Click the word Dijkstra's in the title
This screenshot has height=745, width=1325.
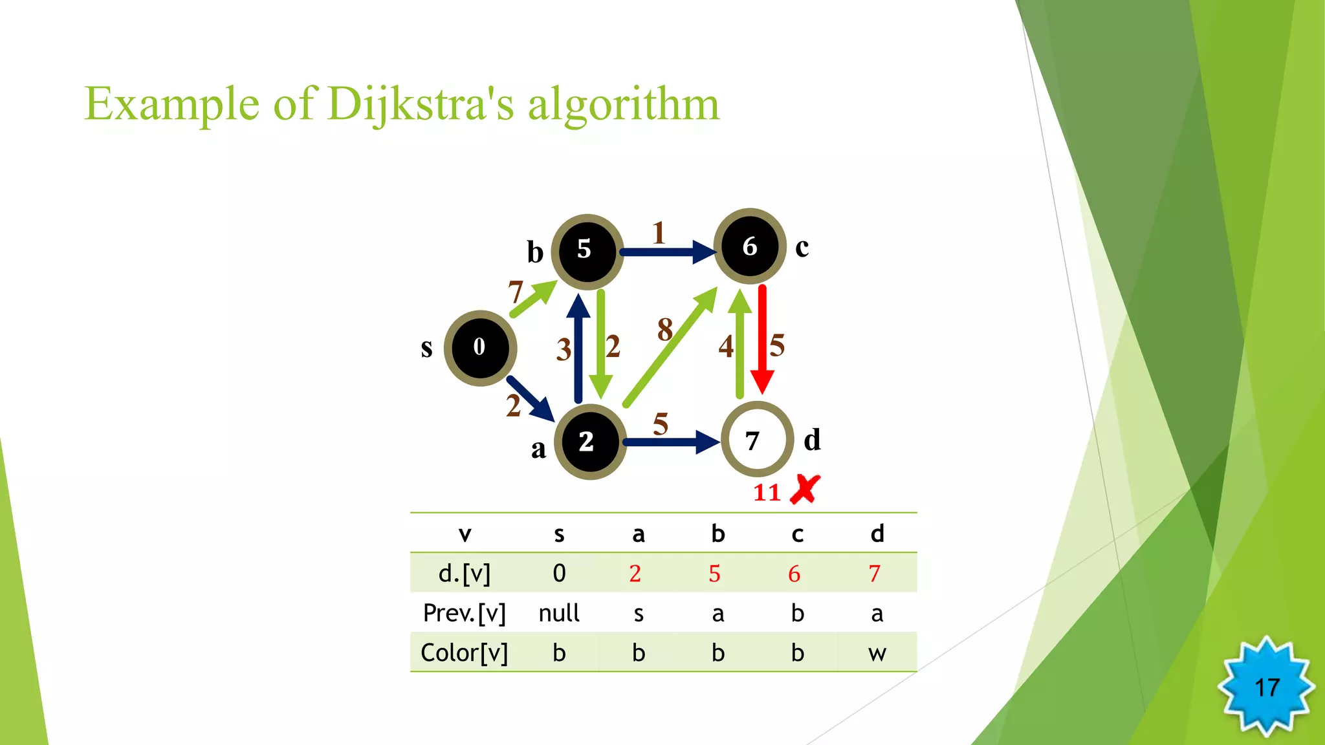point(421,104)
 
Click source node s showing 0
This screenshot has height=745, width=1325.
point(479,348)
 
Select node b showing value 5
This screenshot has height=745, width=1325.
point(586,251)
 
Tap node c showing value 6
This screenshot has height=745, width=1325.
point(749,246)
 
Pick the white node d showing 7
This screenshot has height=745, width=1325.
point(756,440)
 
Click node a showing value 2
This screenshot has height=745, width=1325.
point(589,442)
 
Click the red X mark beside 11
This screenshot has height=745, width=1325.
point(805,490)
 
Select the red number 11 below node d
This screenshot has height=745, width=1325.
point(767,493)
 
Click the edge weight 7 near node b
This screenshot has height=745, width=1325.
point(515,292)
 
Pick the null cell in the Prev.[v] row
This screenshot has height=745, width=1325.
point(559,613)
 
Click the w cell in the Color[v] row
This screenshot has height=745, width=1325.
point(877,653)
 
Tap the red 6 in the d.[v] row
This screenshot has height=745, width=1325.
point(794,574)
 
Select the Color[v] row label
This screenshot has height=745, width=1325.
point(464,653)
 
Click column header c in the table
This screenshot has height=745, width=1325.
point(797,534)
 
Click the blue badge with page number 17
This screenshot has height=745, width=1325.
point(1266,687)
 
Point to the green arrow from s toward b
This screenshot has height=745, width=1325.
point(532,299)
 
